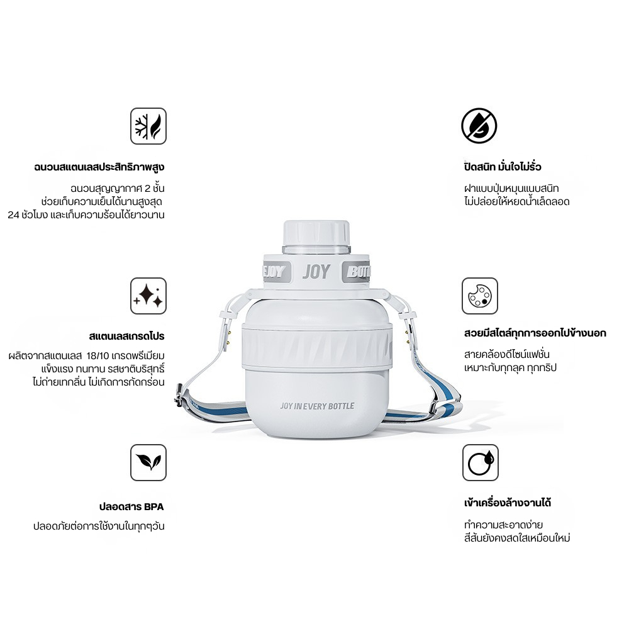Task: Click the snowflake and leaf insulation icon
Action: point(148,126)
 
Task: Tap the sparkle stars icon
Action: point(148,296)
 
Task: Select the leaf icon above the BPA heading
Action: point(148,462)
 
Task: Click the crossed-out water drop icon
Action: point(479,126)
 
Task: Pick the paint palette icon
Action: point(480,296)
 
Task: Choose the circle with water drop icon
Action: point(480,462)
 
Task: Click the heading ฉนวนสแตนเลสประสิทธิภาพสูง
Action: point(99,167)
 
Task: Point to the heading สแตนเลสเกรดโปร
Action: point(127,336)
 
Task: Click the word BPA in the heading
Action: point(153,506)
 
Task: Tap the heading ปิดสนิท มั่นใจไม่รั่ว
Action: point(503,167)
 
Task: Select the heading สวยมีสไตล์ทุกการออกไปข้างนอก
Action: point(535,333)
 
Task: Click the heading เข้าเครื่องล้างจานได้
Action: point(508,503)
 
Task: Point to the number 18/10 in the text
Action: point(98,356)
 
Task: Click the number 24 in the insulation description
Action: point(13,215)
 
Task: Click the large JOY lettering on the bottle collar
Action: point(316,272)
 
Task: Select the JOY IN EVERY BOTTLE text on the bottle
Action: point(317,406)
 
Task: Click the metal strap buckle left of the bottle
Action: point(179,395)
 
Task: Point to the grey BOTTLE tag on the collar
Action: point(356,272)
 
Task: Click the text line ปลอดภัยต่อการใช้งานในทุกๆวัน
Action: point(99,526)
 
